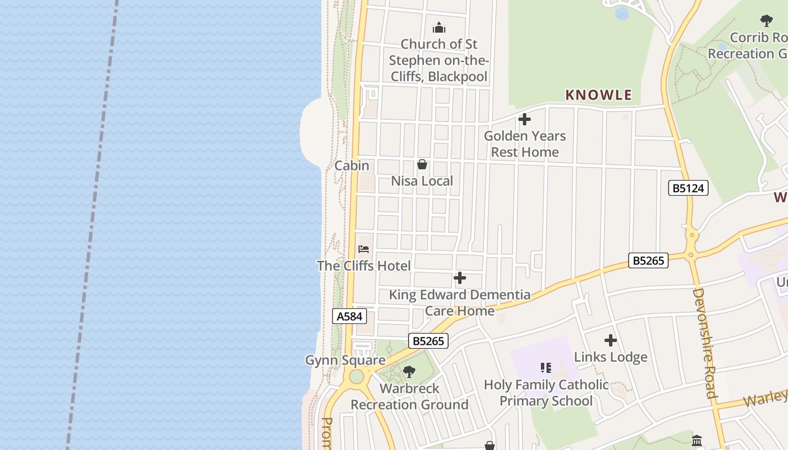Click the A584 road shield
click(349, 316)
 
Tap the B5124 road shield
click(688, 188)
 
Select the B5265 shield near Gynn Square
click(428, 341)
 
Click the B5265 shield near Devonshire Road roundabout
click(648, 260)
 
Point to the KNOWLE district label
click(598, 95)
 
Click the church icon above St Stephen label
click(439, 28)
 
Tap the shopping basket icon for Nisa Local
click(422, 164)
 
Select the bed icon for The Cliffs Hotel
click(364, 249)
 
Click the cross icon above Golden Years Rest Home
click(525, 119)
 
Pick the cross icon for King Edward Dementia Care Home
click(460, 278)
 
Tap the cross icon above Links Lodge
click(611, 340)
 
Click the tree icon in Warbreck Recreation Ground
click(409, 371)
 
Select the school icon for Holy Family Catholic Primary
click(545, 368)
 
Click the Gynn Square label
click(345, 360)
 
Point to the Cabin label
click(352, 165)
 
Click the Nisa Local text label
click(422, 181)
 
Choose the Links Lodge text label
click(611, 357)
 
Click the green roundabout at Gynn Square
click(356, 376)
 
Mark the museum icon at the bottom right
click(697, 440)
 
